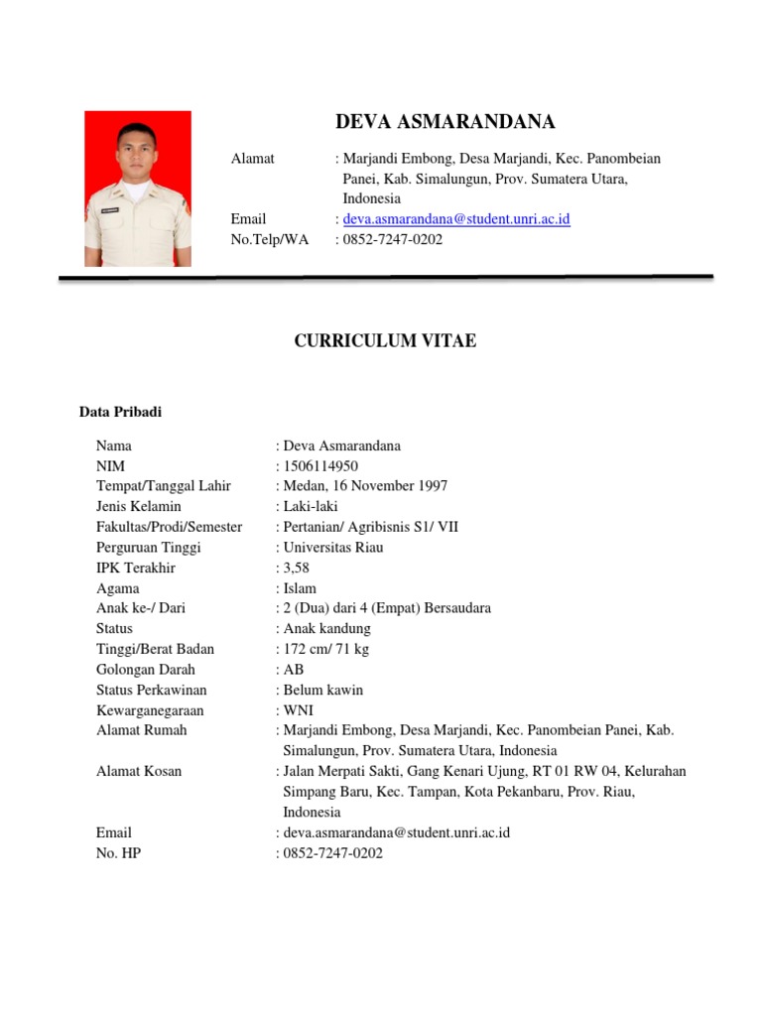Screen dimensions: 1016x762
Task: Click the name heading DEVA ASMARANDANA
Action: [x=445, y=122]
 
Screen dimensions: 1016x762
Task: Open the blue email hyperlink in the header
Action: [x=456, y=219]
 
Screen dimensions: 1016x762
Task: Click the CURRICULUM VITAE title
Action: [x=385, y=341]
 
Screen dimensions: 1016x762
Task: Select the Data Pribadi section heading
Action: [x=120, y=412]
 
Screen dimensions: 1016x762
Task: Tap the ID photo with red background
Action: [x=138, y=189]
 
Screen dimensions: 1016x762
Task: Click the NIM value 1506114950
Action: [x=320, y=466]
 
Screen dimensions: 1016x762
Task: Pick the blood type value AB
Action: [x=294, y=670]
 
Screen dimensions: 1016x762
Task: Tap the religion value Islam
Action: [x=300, y=588]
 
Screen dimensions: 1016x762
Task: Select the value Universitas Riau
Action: [x=332, y=548]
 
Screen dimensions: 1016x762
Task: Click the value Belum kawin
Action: [x=323, y=690]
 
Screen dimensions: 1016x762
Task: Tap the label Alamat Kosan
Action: [x=139, y=771]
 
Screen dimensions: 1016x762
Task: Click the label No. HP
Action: [x=118, y=852]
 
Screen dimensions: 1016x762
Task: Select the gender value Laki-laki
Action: [x=311, y=507]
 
